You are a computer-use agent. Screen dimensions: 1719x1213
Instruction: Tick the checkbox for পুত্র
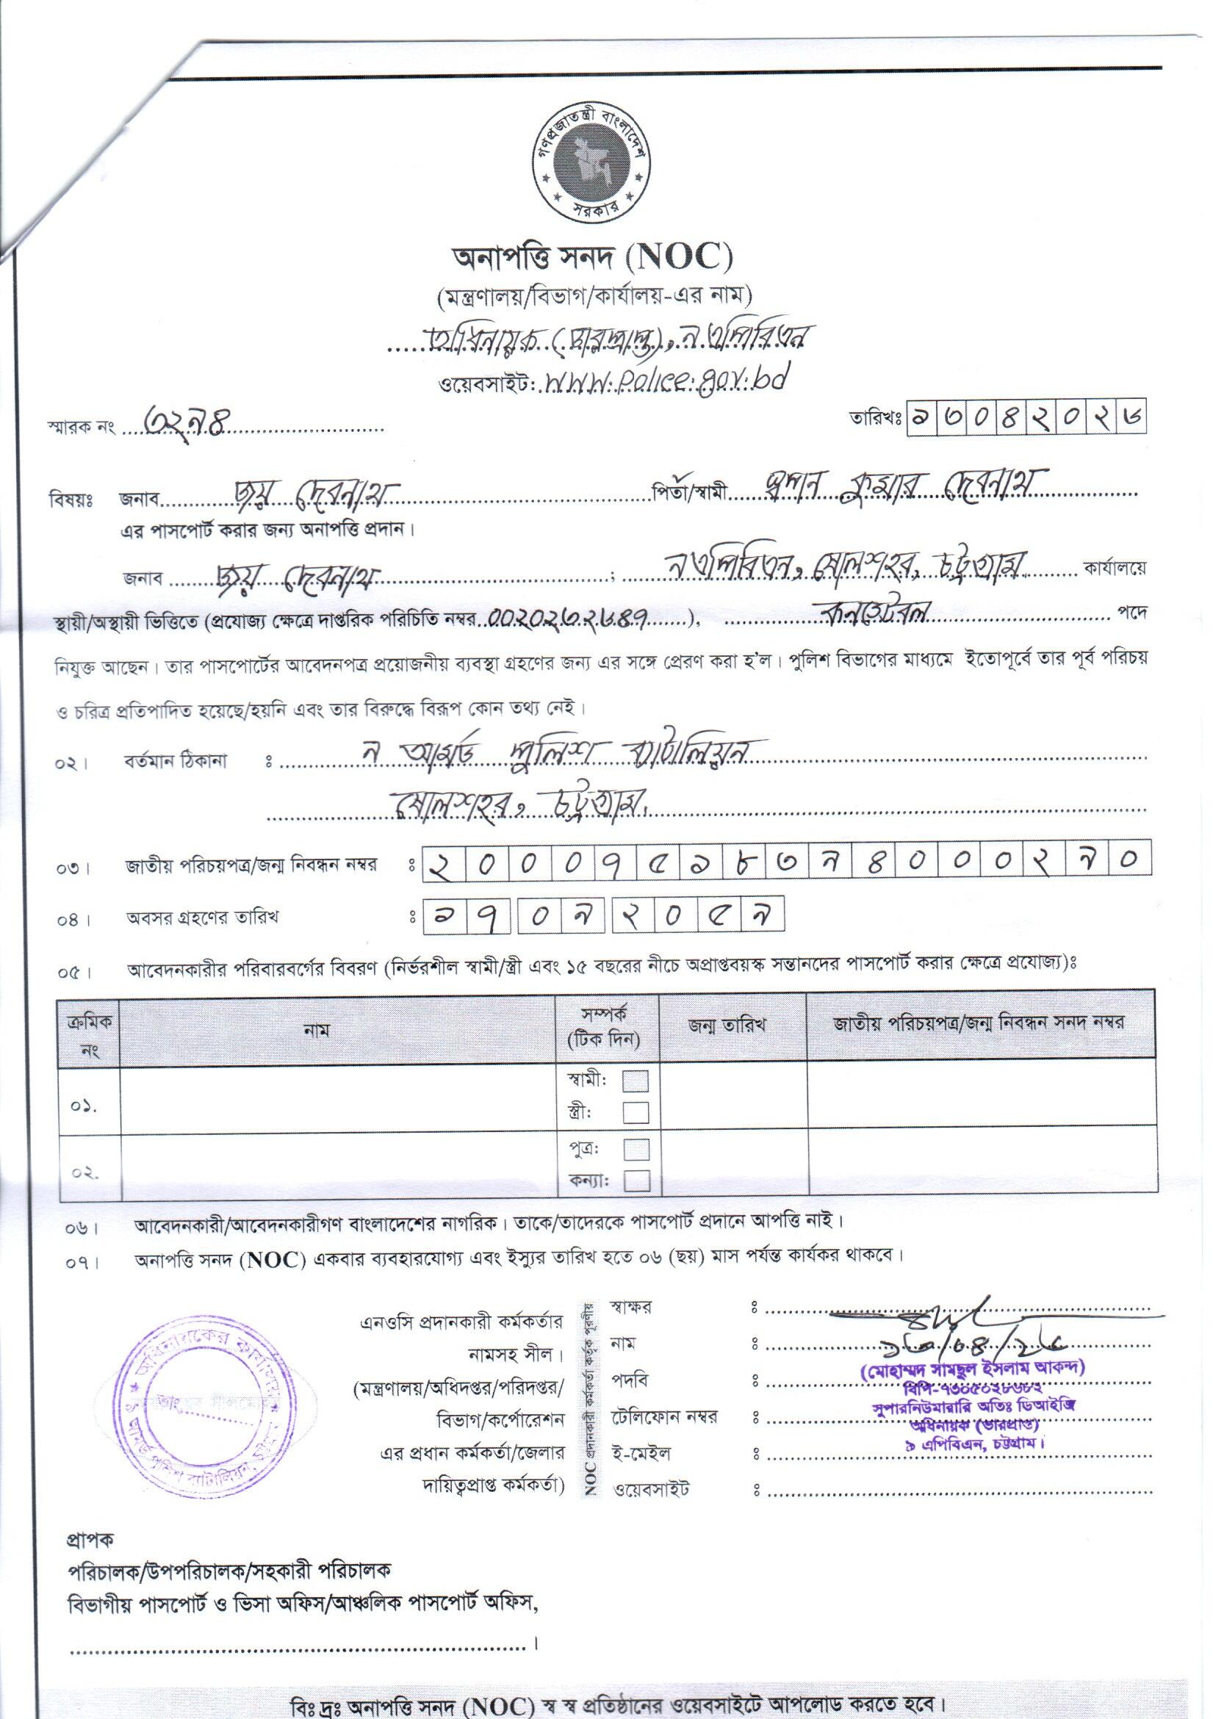coord(636,1149)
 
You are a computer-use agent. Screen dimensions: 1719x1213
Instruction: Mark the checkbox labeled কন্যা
coord(636,1181)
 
